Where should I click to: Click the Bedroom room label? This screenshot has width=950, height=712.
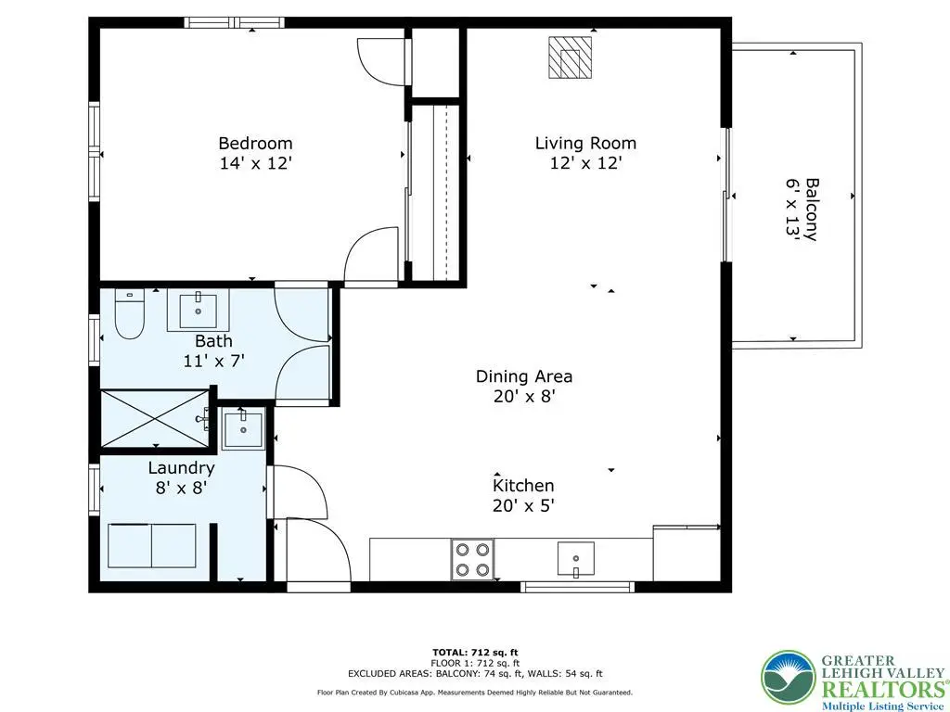[255, 144]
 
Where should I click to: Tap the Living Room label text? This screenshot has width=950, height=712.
[586, 144]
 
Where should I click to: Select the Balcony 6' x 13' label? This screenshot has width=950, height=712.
[802, 210]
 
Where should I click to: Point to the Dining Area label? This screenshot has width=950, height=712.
[524, 376]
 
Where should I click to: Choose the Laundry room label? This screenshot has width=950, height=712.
[181, 468]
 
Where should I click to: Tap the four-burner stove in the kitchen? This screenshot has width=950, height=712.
[472, 559]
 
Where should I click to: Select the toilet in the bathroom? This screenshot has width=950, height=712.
[129, 313]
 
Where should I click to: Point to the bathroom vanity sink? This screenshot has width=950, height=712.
[199, 310]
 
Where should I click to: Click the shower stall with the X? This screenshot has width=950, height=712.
[155, 419]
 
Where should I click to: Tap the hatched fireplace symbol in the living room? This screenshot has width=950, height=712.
[571, 57]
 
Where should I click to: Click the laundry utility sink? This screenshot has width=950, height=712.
[243, 428]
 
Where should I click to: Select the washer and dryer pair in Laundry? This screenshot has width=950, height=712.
[152, 545]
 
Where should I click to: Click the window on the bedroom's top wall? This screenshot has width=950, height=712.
[235, 23]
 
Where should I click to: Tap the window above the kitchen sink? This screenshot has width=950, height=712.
[577, 587]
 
